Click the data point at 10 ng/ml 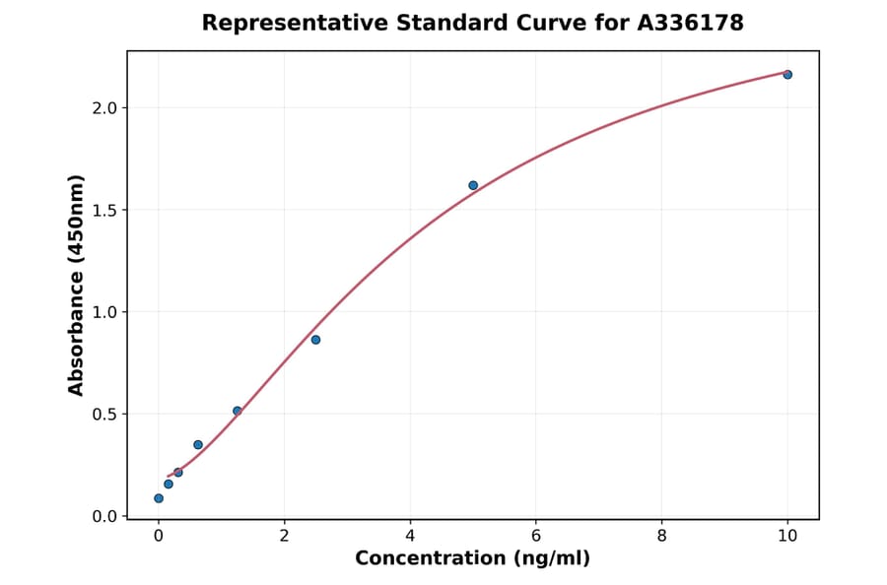tap(787, 75)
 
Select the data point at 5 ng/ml tap(473, 185)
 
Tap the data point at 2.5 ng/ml tap(315, 340)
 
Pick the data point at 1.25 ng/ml tap(237, 411)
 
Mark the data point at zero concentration tap(159, 498)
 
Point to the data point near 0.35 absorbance tap(198, 445)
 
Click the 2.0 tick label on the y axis tap(103, 107)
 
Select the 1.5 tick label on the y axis tap(103, 210)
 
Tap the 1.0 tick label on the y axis tap(103, 312)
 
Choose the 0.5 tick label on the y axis tap(103, 415)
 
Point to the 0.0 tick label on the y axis tap(103, 516)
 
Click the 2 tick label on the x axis tap(284, 536)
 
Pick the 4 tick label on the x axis tap(410, 536)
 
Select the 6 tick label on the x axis tap(535, 536)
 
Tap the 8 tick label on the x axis tap(661, 536)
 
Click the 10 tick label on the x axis tap(787, 536)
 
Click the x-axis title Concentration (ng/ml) tap(472, 558)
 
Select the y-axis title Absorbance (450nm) tap(76, 285)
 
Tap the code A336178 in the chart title tap(690, 23)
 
